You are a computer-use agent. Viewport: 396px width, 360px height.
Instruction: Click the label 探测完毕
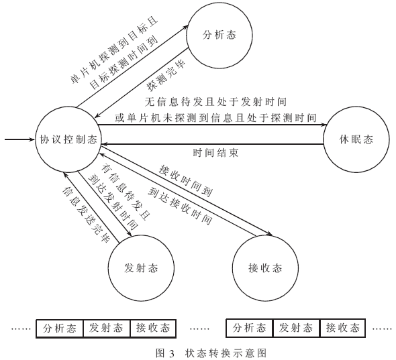click(x=166, y=76)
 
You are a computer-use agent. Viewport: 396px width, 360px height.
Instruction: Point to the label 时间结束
click(x=215, y=153)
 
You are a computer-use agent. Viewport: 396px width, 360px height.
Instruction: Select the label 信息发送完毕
click(x=86, y=215)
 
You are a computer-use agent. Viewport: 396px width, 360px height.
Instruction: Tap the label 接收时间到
click(x=186, y=180)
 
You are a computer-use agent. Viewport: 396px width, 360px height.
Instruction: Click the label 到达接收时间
click(x=180, y=206)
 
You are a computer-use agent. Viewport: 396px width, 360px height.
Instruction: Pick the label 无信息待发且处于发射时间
click(x=215, y=102)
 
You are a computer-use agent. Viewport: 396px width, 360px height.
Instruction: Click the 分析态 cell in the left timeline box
click(x=60, y=328)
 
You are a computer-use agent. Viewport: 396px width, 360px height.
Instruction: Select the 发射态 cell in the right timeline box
click(x=296, y=328)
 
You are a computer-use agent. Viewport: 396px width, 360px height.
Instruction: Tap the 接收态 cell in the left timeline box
click(x=153, y=328)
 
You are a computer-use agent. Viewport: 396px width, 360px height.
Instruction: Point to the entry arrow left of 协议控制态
click(x=19, y=139)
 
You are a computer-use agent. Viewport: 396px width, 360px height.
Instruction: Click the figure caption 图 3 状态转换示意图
click(x=211, y=353)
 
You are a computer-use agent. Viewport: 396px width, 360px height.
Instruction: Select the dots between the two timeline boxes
click(x=199, y=329)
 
